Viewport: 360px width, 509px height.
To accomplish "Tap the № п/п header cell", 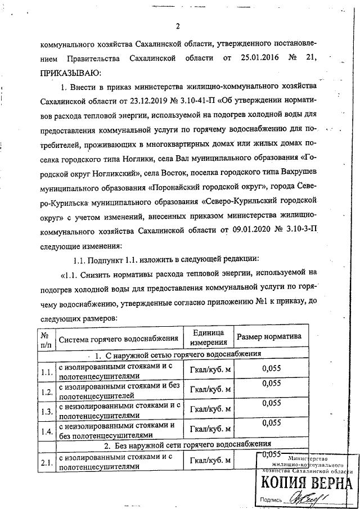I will pyautogui.click(x=46, y=338).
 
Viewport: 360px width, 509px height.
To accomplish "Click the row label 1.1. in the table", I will pyautogui.click(x=46, y=371).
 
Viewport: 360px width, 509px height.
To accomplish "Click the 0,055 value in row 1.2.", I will pyautogui.click(x=272, y=384).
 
